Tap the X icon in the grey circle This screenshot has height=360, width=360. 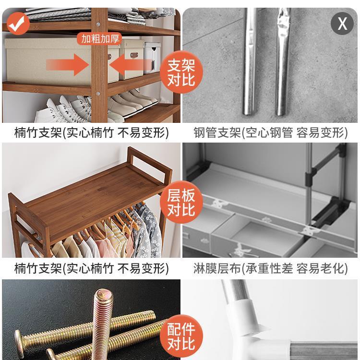[342, 23]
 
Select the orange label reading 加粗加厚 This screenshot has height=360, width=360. [100, 39]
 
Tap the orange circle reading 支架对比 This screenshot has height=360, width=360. [181, 72]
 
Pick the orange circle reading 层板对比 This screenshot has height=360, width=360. [181, 203]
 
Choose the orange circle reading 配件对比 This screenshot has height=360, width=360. [181, 336]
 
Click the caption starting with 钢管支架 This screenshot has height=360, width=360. [270, 133]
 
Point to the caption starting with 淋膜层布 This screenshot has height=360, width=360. [270, 268]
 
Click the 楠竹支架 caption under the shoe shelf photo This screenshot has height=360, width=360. [91, 133]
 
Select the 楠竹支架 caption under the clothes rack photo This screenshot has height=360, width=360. [91, 268]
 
